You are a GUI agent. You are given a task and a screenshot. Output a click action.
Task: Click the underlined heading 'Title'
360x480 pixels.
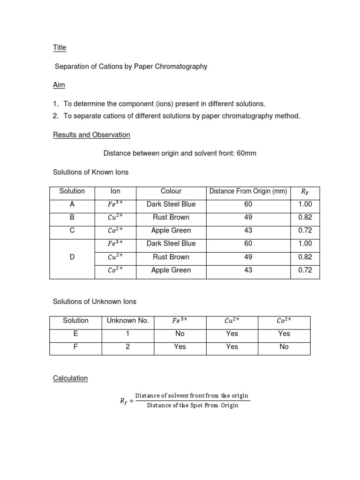(60, 47)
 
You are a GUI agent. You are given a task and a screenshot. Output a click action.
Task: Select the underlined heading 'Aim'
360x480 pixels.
(59, 85)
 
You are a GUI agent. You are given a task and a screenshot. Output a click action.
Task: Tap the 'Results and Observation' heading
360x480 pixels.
(91, 135)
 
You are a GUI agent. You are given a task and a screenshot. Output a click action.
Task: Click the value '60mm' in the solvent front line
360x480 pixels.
(247, 153)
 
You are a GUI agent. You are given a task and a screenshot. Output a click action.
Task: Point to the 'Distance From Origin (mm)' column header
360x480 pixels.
(248, 191)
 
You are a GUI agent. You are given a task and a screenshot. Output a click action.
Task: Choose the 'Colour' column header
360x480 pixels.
(171, 191)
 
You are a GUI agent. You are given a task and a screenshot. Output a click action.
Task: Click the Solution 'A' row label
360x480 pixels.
(72, 204)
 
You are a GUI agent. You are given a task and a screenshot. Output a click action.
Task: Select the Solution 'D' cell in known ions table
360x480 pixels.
(72, 257)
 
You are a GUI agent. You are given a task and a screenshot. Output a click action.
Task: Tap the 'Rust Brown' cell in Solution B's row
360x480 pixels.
(171, 217)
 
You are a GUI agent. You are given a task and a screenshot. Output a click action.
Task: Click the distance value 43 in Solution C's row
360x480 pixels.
(248, 231)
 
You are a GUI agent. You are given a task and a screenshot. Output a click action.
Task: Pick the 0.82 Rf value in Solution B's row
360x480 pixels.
(305, 217)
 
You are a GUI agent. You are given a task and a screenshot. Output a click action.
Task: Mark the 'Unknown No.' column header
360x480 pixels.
(127, 321)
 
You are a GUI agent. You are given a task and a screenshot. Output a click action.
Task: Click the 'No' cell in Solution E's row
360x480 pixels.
(180, 334)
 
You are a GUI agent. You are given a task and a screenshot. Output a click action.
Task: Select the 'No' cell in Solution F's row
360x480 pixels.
(284, 347)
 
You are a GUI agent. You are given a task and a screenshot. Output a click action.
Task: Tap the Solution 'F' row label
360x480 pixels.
(75, 347)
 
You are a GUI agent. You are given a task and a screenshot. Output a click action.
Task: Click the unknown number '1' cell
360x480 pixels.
(127, 334)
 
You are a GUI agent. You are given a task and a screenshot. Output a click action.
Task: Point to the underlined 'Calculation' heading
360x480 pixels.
(70, 378)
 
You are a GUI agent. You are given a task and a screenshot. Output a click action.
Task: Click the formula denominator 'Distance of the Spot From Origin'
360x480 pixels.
(193, 405)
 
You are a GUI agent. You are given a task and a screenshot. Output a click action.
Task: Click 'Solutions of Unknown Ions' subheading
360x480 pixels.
(95, 301)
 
